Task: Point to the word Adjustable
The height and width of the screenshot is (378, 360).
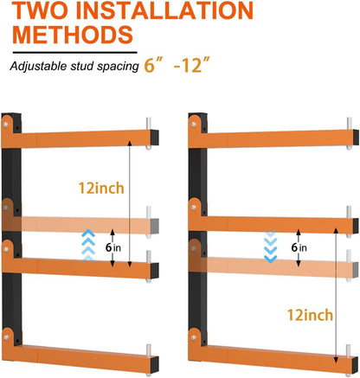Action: (42, 66)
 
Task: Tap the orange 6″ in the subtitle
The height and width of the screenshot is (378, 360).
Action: (155, 65)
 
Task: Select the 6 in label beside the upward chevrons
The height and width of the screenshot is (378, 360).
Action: (112, 247)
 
